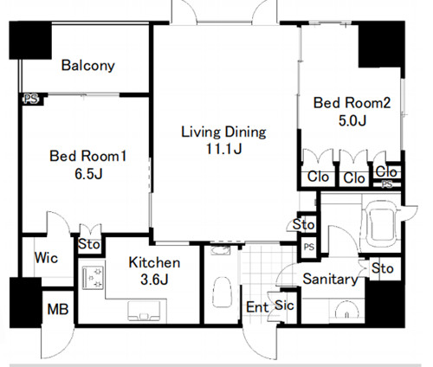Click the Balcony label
tap(88, 66)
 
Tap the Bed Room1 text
tap(88, 156)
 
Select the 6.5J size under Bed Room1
tap(88, 174)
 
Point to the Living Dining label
tap(223, 132)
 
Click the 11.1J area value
tap(223, 149)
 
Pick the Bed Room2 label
tap(352, 103)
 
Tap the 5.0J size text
tap(352, 120)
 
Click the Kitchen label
tap(154, 262)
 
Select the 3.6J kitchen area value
tap(154, 280)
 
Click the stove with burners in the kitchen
tap(93, 278)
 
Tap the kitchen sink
tap(144, 311)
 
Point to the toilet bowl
tap(222, 292)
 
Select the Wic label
tap(46, 258)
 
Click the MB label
tap(58, 309)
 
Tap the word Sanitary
tap(330, 279)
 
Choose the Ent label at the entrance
tap(257, 307)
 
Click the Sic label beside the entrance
tap(284, 306)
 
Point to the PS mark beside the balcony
tap(31, 100)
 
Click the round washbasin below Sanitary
tap(346, 310)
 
